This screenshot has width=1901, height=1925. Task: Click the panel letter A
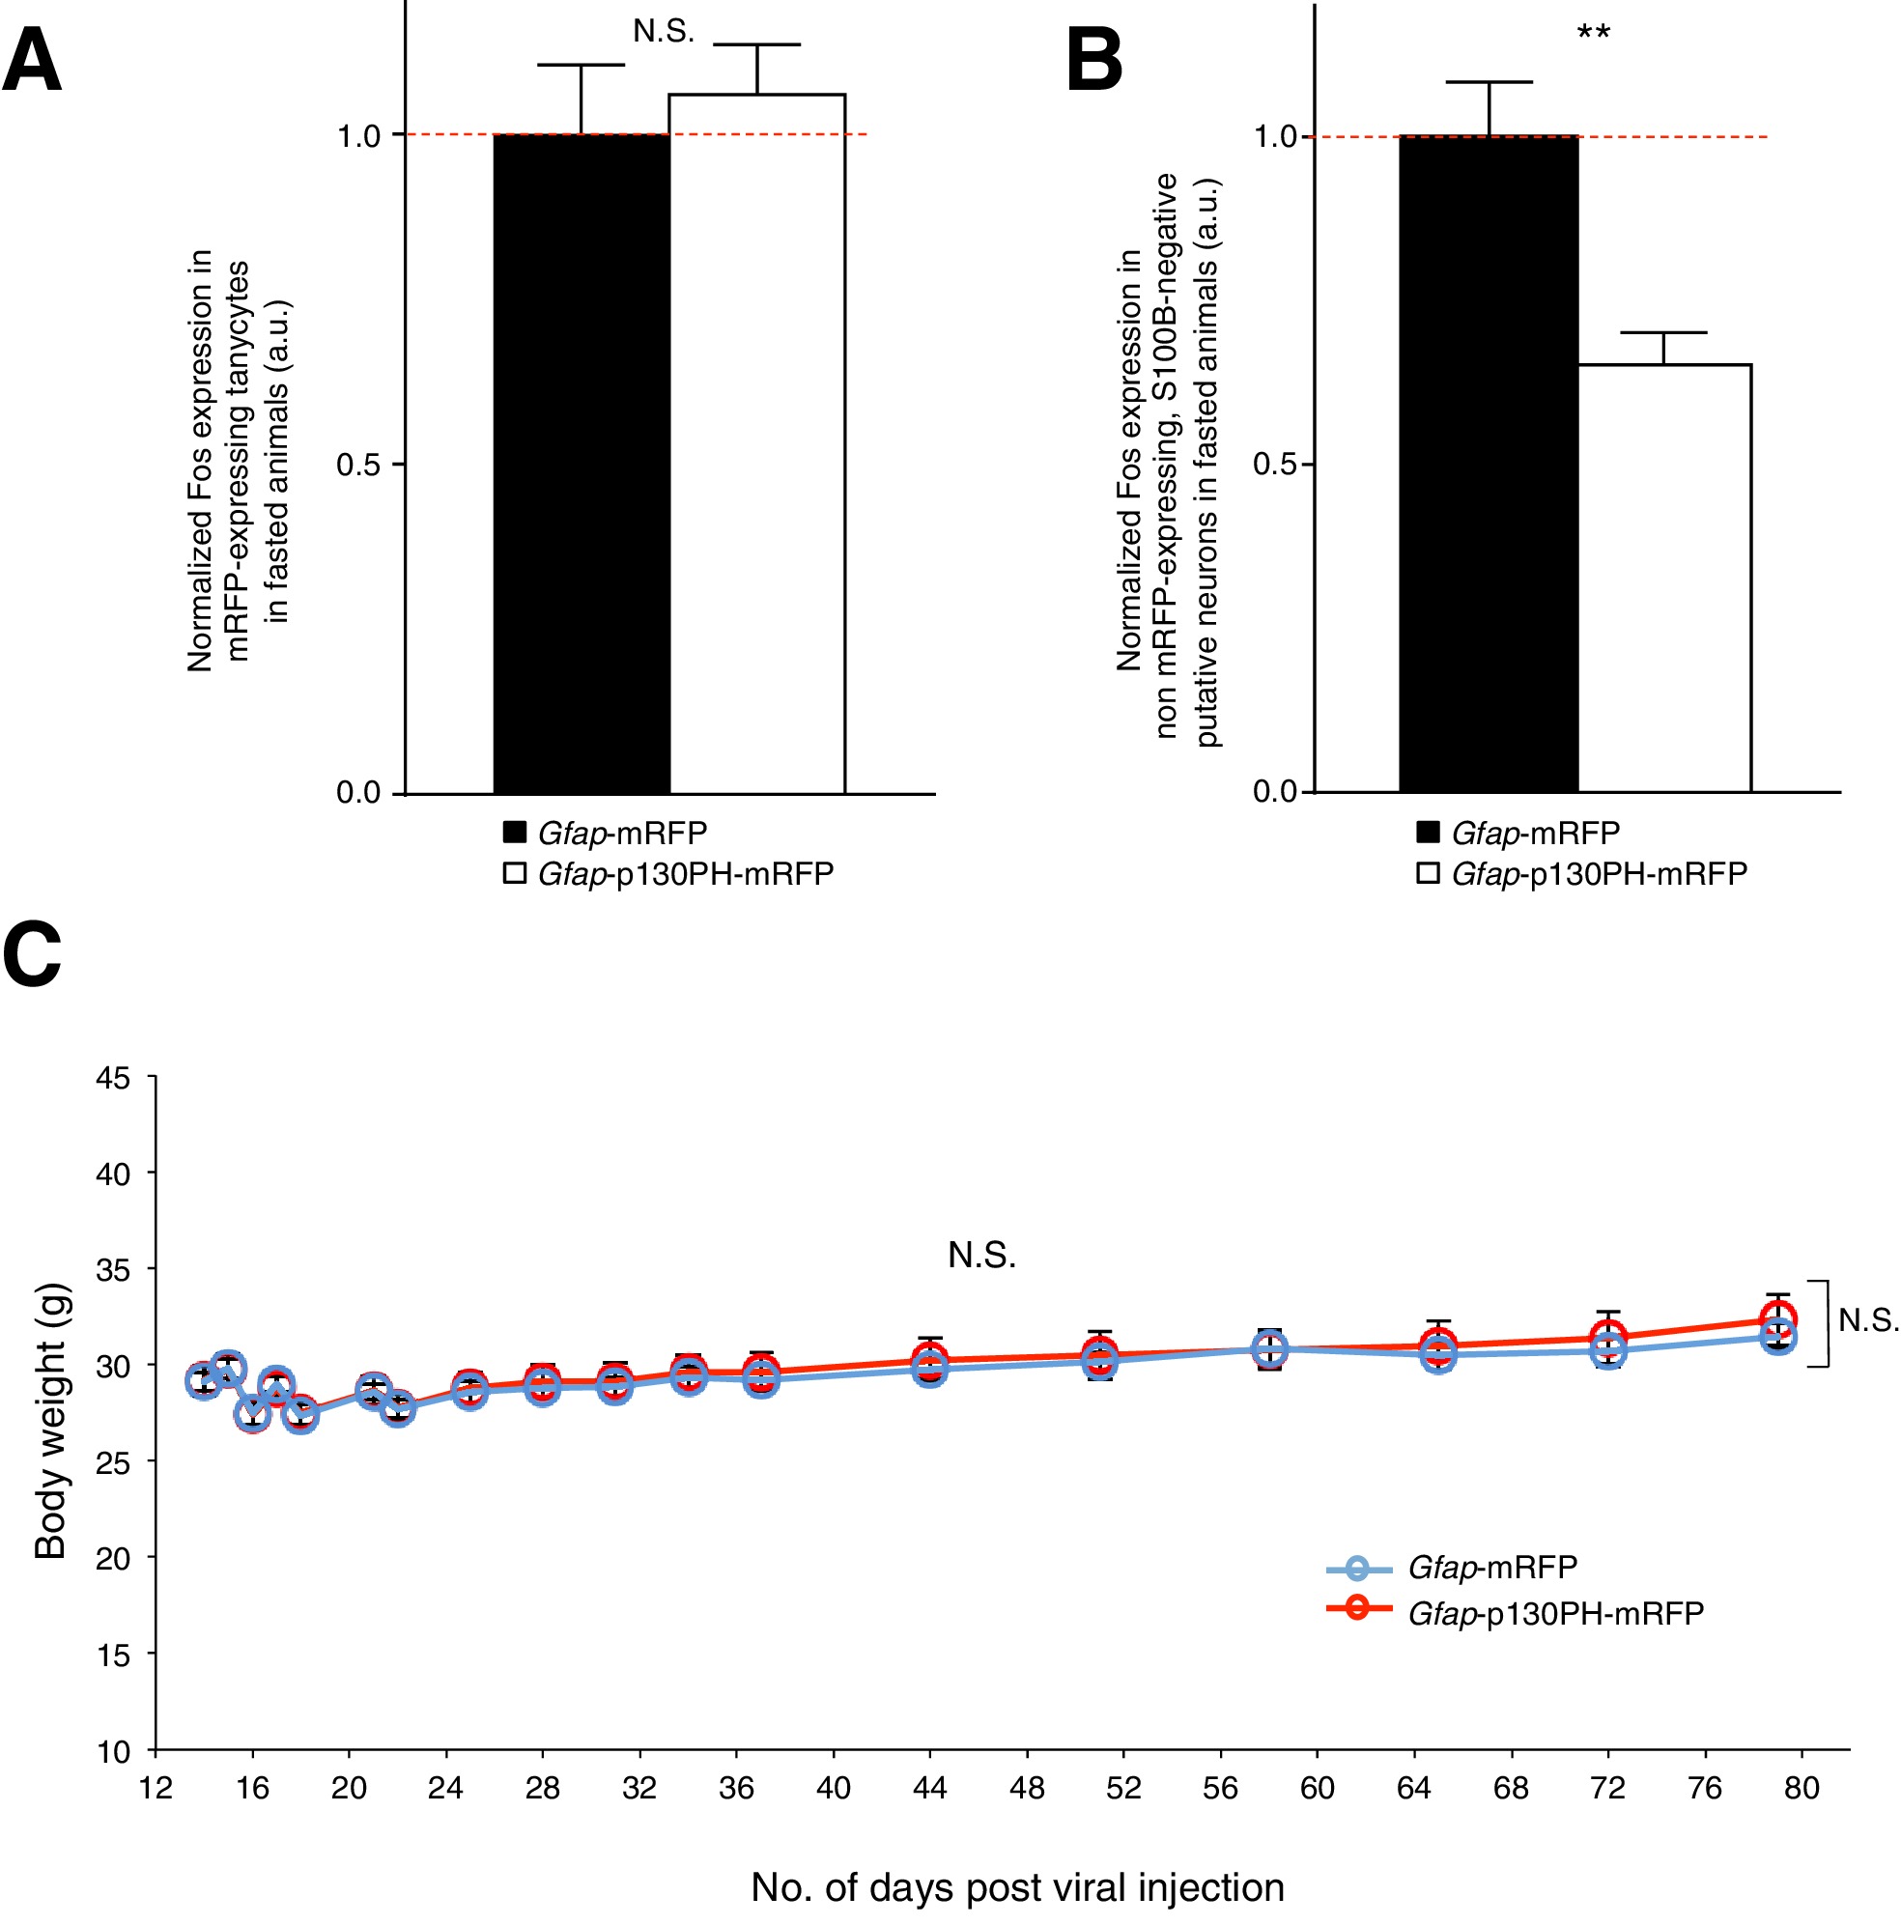(x=32, y=60)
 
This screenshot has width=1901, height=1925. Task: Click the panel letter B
(x=1094, y=60)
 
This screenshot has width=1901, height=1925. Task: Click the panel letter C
(x=32, y=953)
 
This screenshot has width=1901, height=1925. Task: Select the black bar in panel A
(x=581, y=464)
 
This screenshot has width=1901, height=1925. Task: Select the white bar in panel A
(x=756, y=443)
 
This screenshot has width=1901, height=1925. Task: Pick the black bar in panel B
(x=1489, y=464)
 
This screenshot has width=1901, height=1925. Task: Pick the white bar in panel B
(x=1664, y=578)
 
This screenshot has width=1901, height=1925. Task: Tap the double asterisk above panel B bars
(x=1593, y=34)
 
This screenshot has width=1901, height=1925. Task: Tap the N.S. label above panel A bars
(x=664, y=32)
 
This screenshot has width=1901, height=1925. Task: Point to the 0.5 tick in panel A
(x=359, y=465)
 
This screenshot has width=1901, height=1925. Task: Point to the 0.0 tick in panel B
(x=1276, y=792)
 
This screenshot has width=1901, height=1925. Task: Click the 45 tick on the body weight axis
(x=114, y=1078)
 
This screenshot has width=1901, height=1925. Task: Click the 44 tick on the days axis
(x=929, y=1789)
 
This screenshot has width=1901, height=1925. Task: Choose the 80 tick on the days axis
(x=1802, y=1789)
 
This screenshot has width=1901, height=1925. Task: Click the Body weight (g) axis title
(x=50, y=1421)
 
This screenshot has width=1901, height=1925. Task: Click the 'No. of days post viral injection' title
(x=1017, y=1887)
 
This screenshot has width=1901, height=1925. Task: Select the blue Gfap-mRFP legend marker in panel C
(x=1357, y=1568)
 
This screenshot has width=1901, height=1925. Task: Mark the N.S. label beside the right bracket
(x=1868, y=1320)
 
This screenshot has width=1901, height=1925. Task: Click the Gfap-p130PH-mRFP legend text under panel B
(x=1599, y=874)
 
